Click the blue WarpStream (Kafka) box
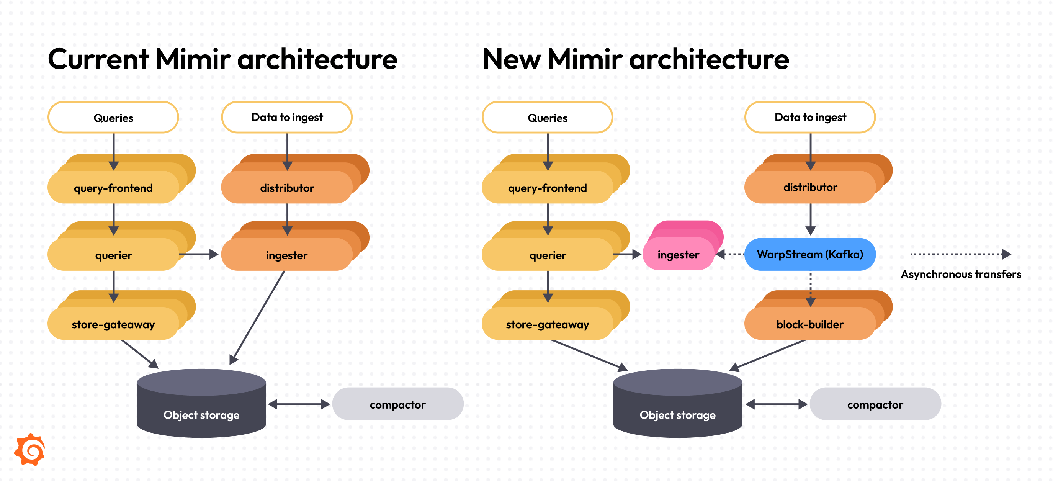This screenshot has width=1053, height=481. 809,254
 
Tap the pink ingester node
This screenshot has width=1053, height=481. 678,254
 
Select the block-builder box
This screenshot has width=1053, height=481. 809,324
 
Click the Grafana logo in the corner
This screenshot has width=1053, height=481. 30,449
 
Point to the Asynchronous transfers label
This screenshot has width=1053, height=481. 961,274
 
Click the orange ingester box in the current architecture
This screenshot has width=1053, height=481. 286,255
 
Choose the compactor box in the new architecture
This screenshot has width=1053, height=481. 875,404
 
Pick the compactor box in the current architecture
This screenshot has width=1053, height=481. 397,404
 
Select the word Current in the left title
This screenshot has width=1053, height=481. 98,60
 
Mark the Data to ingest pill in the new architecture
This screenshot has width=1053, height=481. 810,117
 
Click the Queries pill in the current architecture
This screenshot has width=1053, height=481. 113,118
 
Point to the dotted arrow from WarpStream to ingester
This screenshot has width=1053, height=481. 731,254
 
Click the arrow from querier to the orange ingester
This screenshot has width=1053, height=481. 199,254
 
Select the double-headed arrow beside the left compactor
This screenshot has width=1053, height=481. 299,404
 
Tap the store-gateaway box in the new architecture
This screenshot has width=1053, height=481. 547,324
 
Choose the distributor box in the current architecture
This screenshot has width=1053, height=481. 287,188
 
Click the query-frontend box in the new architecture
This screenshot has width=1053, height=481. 547,188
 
